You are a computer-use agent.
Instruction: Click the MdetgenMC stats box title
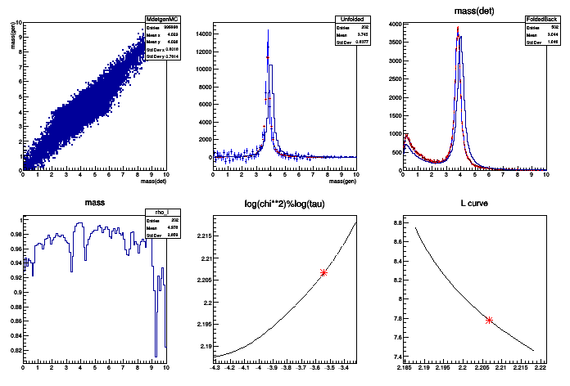156,18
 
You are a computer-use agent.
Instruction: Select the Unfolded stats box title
348,18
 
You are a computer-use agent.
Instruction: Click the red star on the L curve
489,320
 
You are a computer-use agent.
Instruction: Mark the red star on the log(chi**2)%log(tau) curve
323,272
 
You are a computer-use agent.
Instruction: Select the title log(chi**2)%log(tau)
284,202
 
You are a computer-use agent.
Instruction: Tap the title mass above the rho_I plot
95,202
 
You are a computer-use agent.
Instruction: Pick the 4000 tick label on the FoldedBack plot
392,25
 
